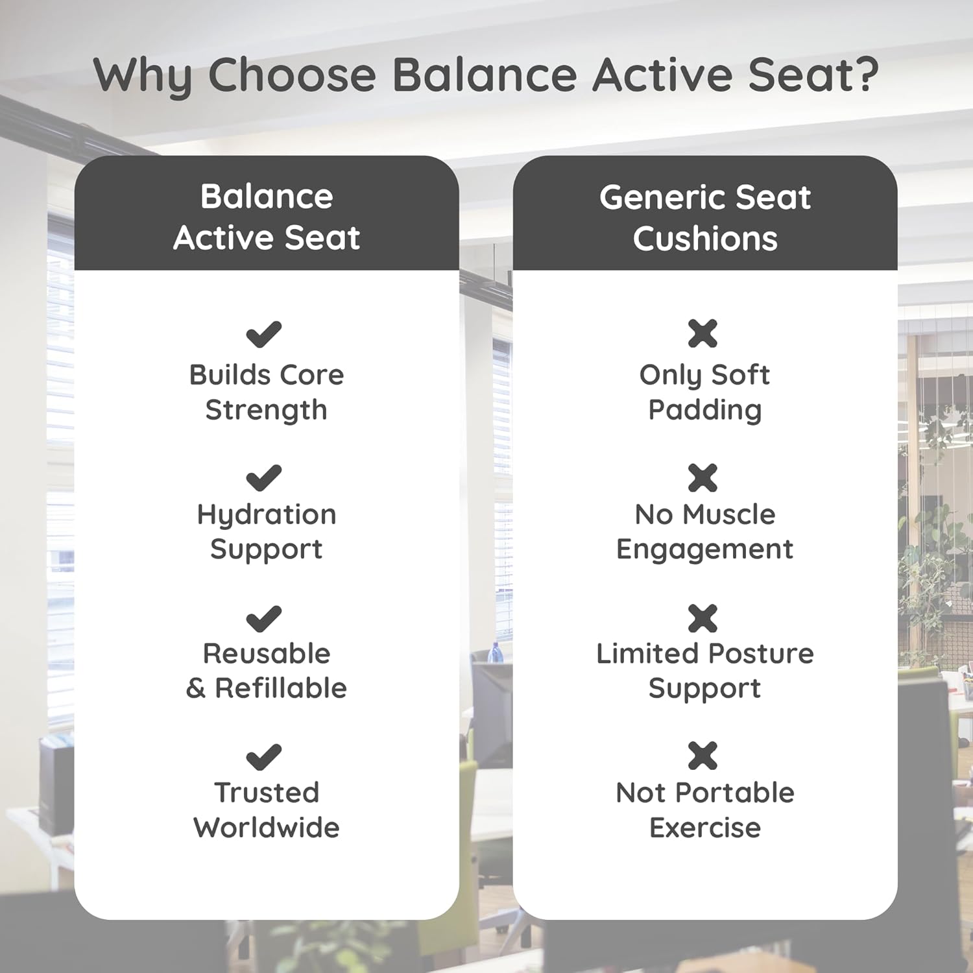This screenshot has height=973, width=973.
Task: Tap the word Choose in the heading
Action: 292,75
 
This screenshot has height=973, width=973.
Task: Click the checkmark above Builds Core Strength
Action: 264,335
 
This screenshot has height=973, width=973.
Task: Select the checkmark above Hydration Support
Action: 264,479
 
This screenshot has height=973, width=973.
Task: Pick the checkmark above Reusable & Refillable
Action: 264,619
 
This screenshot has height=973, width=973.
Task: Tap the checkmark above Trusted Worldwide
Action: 264,757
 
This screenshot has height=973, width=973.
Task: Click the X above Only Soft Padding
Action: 703,334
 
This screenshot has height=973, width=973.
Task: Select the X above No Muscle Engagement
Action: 703,478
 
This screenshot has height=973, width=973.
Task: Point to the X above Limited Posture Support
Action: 703,618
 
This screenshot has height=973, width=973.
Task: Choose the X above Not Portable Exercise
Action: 703,756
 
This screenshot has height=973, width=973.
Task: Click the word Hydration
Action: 267,516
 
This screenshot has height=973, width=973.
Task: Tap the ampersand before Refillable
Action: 196,688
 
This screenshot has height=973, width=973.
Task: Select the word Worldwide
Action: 267,828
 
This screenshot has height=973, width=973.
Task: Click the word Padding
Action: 705,411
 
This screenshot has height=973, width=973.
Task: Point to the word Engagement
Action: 704,550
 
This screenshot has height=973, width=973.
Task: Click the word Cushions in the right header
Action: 705,239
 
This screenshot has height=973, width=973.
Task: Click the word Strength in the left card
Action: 266,411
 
